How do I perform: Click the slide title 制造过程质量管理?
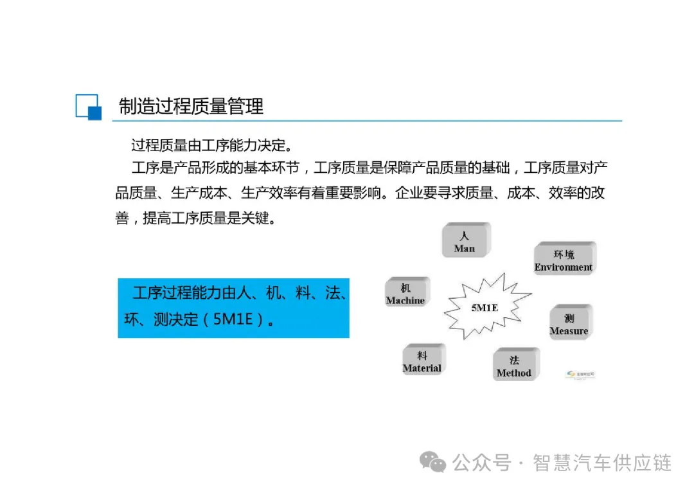[191, 106]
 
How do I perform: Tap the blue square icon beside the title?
[88, 107]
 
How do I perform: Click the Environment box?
[564, 260]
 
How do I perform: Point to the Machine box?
[405, 293]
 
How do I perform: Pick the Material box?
[422, 361]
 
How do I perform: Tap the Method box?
[514, 366]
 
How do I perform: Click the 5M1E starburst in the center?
[485, 308]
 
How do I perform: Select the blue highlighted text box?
[233, 308]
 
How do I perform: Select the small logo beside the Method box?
[580, 375]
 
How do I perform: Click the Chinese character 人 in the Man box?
[465, 236]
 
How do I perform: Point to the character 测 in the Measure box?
[569, 318]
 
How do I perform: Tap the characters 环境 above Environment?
[564, 254]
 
